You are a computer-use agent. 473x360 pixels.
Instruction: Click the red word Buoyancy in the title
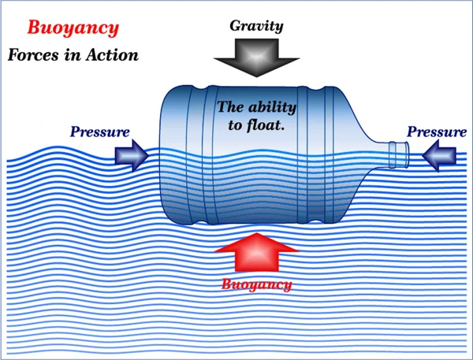click(73, 28)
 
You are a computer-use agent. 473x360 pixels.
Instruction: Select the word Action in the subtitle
click(112, 55)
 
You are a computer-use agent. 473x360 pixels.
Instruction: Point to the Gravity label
click(256, 26)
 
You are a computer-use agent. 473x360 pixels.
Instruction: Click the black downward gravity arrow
click(256, 58)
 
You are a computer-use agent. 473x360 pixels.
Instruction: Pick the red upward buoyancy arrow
click(256, 252)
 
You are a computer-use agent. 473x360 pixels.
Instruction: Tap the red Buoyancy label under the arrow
click(257, 284)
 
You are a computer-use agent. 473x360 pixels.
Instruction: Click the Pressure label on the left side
click(100, 132)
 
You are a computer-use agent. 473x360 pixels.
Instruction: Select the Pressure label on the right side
click(437, 132)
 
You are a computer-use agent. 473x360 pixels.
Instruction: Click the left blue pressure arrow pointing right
click(132, 155)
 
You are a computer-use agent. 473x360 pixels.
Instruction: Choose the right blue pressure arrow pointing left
click(439, 156)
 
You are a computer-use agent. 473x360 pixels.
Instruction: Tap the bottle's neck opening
click(399, 154)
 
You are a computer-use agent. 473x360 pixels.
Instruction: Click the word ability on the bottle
click(273, 107)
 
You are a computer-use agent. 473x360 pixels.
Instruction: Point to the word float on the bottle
click(266, 124)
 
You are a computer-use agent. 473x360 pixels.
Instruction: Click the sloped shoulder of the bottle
click(359, 117)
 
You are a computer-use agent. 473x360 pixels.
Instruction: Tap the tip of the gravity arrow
click(256, 77)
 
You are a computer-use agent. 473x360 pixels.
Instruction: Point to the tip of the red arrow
click(256, 233)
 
